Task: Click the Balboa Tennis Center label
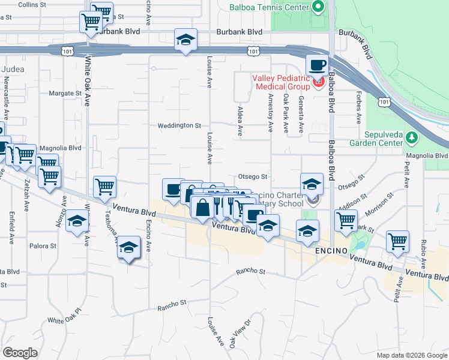point(270,8)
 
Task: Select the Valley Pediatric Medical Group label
point(280,82)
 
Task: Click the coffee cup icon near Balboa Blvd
point(316,65)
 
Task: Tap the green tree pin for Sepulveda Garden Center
point(412,139)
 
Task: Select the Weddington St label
point(179,126)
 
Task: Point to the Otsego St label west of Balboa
point(252,176)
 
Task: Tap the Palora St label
point(43,245)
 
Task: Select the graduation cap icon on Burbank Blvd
point(186,41)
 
